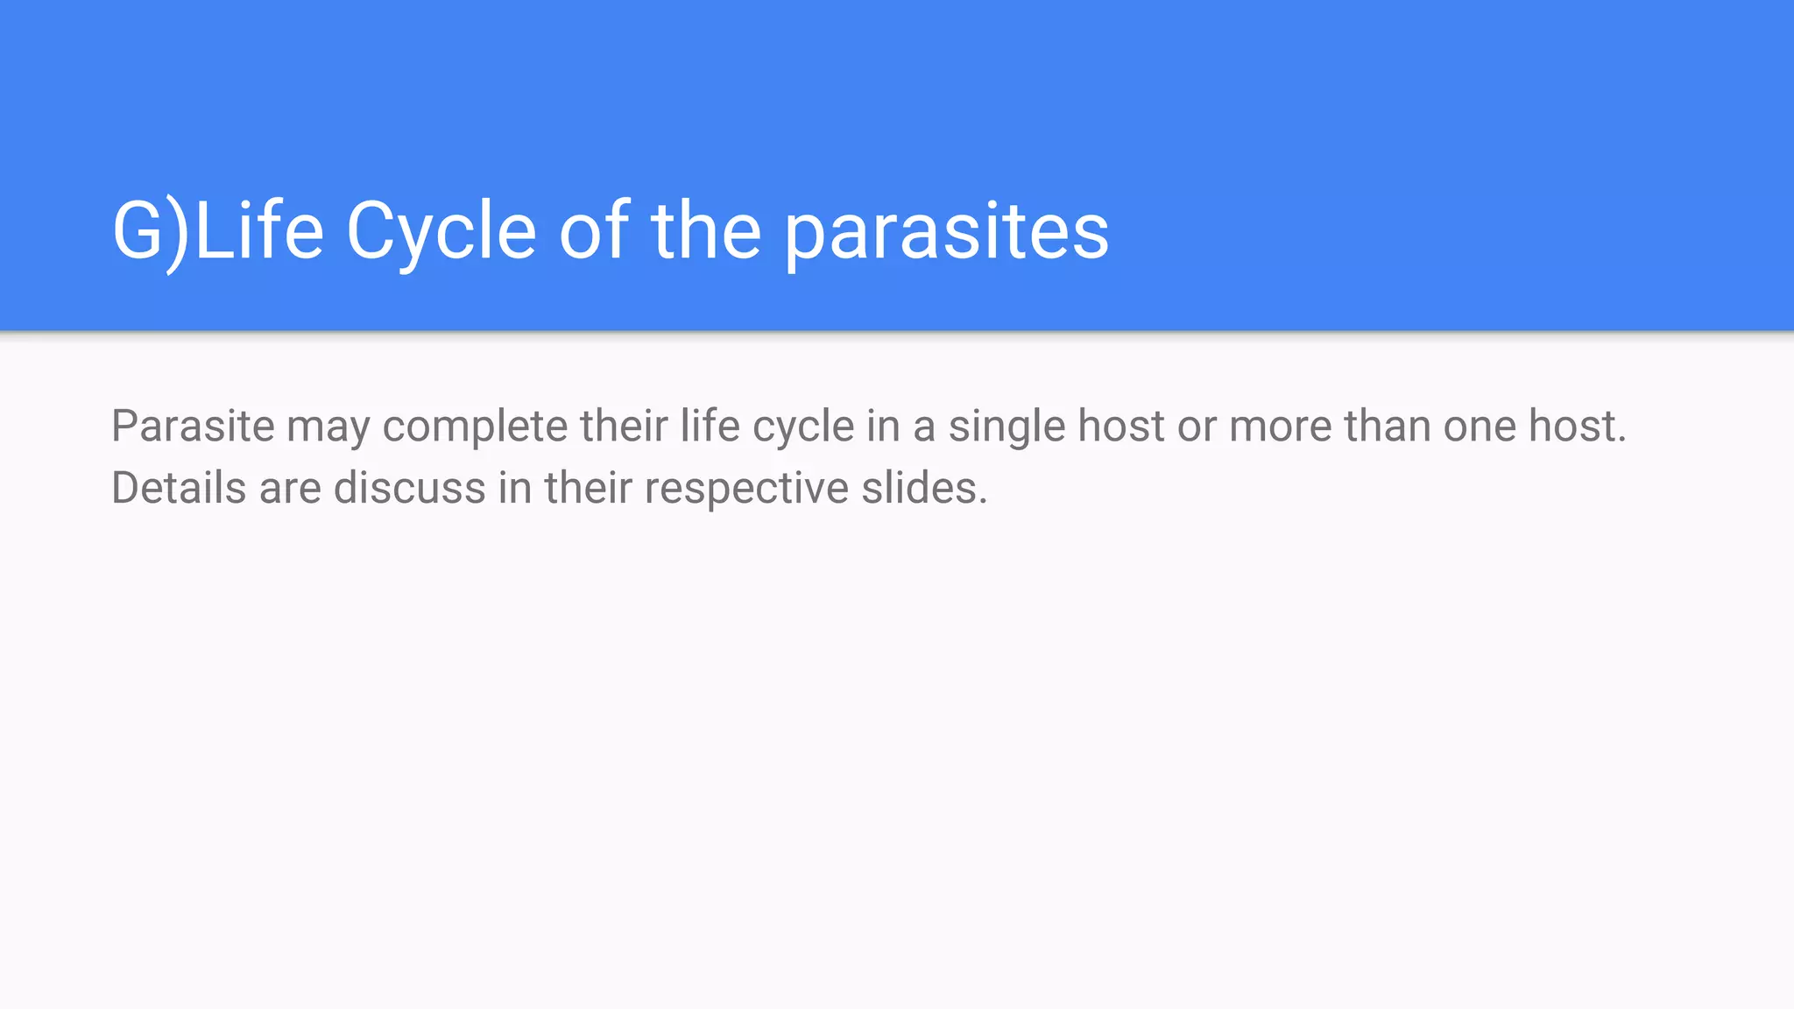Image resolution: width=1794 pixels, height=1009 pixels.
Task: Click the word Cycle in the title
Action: (x=441, y=231)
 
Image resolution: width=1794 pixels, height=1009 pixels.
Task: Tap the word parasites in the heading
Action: (x=946, y=231)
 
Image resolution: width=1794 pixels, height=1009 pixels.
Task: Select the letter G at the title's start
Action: (x=138, y=231)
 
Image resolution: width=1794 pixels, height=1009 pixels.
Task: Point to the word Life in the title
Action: (x=259, y=231)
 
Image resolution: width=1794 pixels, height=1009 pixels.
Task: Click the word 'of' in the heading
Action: (x=594, y=231)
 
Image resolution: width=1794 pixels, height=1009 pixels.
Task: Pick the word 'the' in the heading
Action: (x=706, y=231)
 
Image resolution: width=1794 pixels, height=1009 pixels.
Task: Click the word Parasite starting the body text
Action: (x=193, y=427)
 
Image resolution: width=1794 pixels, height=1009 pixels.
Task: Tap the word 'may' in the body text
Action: (x=328, y=428)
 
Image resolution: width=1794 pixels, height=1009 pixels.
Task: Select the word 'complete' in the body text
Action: (x=475, y=428)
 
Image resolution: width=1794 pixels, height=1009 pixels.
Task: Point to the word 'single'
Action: (x=1006, y=428)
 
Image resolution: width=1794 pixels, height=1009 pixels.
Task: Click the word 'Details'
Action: (x=179, y=488)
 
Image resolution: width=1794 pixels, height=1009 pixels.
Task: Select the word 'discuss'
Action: (x=409, y=488)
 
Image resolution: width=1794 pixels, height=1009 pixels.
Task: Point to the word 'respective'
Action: (x=746, y=490)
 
